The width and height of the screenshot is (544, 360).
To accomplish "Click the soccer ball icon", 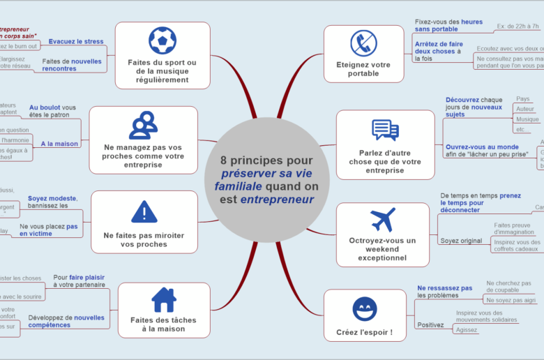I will point(163,40).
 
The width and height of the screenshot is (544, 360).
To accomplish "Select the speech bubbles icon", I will point(385,130).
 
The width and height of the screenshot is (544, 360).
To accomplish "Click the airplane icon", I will point(382,219).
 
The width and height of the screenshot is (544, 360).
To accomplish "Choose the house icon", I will point(163,300).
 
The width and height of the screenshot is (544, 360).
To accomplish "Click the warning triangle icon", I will point(144,211).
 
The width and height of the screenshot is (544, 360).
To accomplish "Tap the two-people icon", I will point(143,125).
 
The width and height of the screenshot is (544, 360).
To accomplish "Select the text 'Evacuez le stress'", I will point(76,41).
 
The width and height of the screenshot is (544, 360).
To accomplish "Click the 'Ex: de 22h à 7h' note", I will point(517,27).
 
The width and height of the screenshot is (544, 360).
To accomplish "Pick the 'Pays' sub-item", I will point(522,99).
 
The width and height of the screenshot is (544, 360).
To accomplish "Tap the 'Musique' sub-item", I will point(527,119).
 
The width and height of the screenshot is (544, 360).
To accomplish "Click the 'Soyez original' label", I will point(461,241).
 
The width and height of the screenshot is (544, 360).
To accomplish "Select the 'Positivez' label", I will point(430,325).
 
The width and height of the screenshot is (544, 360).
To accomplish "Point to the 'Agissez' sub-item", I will point(467,330).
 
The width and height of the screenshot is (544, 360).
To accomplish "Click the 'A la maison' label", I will point(59,144).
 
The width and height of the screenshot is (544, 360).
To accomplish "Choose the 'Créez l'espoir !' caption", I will point(364,332).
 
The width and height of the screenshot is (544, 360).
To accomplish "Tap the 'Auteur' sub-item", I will point(525,109).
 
